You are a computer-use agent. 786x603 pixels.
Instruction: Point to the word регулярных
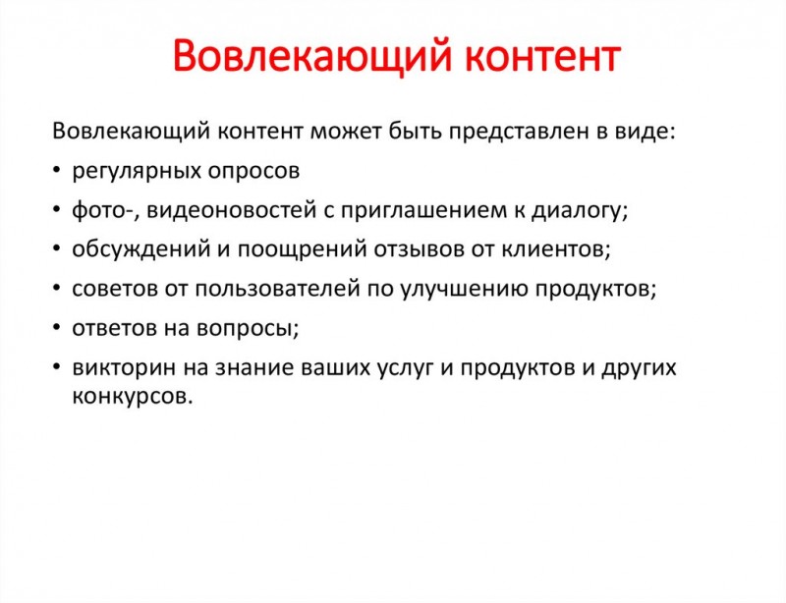137,172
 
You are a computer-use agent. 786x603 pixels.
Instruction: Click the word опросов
253,172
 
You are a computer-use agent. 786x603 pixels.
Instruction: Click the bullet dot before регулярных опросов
57,171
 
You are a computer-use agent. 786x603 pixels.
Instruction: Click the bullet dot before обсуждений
57,248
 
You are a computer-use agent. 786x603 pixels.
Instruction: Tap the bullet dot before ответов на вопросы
57,327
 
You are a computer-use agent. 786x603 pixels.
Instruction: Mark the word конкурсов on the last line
133,397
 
